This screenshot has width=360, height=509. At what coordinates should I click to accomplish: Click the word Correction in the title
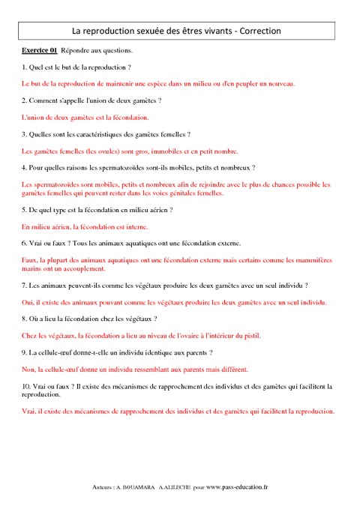click(x=259, y=31)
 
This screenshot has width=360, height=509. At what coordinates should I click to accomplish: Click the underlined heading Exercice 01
click(x=40, y=50)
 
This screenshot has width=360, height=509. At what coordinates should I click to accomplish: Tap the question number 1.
click(x=25, y=67)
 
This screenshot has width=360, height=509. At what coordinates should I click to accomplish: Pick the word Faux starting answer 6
click(x=31, y=259)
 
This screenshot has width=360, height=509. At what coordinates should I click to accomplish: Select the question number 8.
click(x=25, y=319)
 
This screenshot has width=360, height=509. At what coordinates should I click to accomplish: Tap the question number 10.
click(x=27, y=385)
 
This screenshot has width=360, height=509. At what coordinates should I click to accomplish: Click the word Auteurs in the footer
click(x=100, y=487)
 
